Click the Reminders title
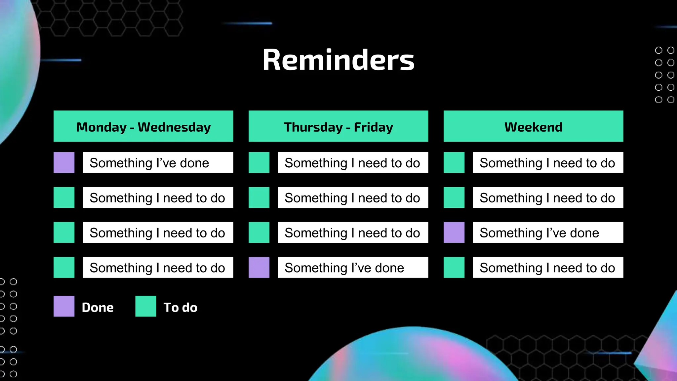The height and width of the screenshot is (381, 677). (338, 60)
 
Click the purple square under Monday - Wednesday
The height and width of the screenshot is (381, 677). (64, 162)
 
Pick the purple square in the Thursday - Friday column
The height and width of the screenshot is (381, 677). (259, 267)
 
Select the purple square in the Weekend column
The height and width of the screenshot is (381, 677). (454, 232)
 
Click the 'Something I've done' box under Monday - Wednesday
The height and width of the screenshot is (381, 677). (158, 162)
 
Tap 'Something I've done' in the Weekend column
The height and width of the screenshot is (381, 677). (548, 232)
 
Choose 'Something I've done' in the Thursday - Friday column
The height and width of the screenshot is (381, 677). (353, 267)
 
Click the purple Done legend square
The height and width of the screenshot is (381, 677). (64, 306)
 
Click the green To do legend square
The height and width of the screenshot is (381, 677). (146, 306)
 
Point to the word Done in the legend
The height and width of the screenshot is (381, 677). (98, 307)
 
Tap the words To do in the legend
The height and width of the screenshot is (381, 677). (180, 307)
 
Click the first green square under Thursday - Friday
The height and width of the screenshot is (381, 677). (259, 162)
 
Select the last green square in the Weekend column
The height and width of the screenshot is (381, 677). (454, 267)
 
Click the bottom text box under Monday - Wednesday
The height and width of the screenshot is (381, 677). (158, 267)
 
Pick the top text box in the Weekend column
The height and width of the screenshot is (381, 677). (548, 162)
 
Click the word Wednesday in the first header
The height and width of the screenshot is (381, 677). (174, 127)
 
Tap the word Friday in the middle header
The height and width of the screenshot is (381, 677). (374, 127)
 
